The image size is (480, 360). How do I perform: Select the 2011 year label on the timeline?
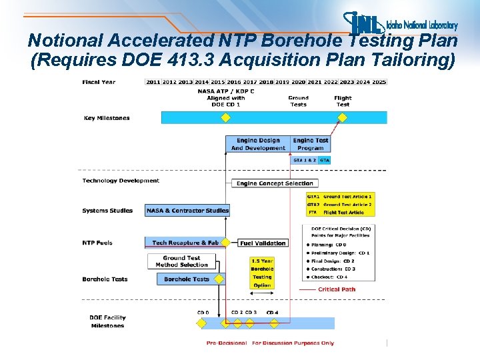pos(153,82)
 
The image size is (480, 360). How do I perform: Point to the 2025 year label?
pos(379,82)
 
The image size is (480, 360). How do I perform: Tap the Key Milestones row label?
pos(107,118)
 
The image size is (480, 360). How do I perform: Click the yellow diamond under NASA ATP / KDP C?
pos(225,118)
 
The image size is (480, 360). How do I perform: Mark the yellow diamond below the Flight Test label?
pos(343,118)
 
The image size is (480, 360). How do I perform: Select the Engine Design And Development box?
pos(258,144)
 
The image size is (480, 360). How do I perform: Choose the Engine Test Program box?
pos(311,144)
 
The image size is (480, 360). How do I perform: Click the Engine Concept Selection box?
pos(275,183)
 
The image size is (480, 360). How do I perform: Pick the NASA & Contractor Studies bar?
pos(187,211)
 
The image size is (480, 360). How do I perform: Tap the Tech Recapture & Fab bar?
pos(185,243)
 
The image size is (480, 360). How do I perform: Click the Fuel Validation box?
pos(263,243)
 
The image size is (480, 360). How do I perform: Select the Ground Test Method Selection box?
pos(181,261)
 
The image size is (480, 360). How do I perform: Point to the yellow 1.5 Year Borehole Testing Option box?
pos(262,273)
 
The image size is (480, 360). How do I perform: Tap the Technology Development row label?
pos(121,181)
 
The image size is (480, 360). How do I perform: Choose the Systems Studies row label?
pos(107,211)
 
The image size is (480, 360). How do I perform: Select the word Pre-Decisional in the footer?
pos(227,343)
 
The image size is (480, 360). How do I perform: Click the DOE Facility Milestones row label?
pos(107,321)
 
